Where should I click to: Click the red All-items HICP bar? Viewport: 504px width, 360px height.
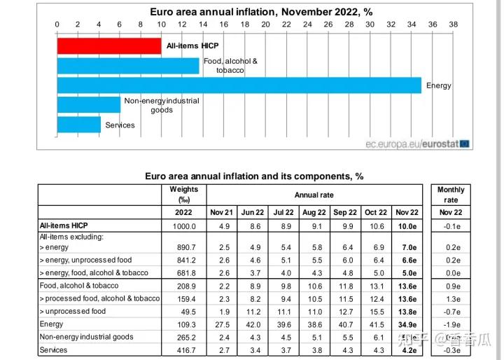coord(108,46)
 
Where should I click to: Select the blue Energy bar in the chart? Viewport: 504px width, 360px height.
coord(239,85)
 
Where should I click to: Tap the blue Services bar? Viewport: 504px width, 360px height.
coord(78,125)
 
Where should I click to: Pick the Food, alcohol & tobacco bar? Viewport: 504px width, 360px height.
coord(128,65)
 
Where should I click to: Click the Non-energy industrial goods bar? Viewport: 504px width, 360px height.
coord(88,104)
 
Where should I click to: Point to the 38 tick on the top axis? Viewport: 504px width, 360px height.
coord(453,25)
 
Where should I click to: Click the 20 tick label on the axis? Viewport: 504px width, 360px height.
coord(265,25)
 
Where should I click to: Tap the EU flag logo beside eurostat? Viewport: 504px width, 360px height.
coord(465,144)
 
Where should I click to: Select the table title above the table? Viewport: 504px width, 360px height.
coord(254,176)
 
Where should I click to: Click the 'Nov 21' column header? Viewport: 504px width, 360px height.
coord(222,212)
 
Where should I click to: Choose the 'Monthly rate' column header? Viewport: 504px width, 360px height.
coord(450,195)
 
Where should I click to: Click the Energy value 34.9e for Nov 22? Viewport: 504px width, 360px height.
coord(407,324)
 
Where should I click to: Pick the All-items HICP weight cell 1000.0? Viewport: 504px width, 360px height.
coord(183,226)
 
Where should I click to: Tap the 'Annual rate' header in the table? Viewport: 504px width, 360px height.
coord(313,195)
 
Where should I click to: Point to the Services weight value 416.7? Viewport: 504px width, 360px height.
coord(183,349)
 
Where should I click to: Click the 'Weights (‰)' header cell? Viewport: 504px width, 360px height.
coord(183,194)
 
